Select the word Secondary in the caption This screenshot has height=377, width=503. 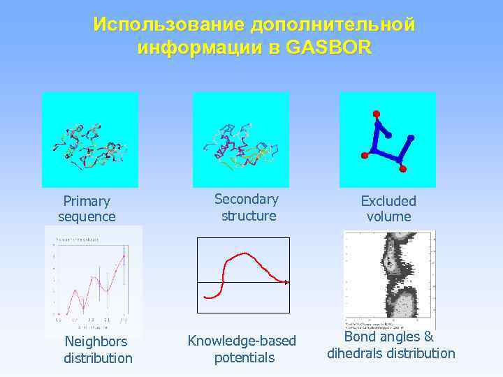click(246, 199)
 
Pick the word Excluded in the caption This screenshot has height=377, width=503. click(388, 201)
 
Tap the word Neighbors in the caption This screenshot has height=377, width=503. click(96, 341)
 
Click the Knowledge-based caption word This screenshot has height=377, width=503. click(242, 341)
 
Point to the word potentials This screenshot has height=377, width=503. click(245, 358)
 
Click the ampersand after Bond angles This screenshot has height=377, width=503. click(428, 337)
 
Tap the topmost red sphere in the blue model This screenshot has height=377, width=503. click(377, 113)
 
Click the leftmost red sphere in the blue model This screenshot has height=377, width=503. click(364, 154)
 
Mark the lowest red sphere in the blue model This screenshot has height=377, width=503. click(402, 169)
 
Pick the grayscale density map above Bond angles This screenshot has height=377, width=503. click(389, 279)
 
